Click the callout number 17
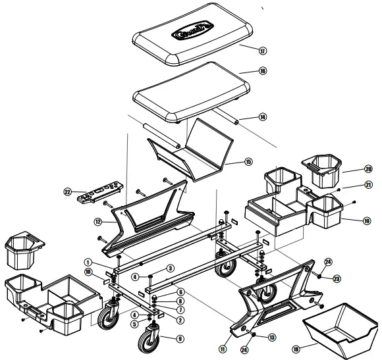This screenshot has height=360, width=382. [263, 51]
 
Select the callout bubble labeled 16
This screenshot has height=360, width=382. [263, 71]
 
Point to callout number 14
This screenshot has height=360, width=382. [263, 117]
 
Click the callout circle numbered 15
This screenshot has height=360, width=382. [248, 161]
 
